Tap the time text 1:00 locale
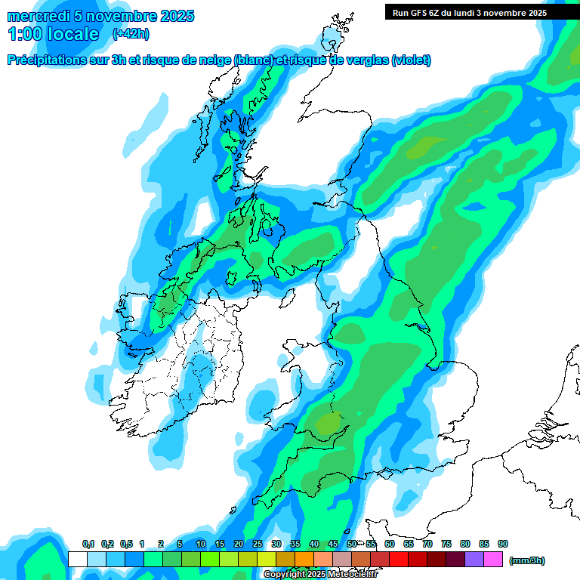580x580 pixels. coord(53,34)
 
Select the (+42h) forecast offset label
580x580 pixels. coord(130,34)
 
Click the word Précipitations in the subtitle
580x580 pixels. coord(49,60)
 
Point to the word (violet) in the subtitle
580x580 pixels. coord(412,60)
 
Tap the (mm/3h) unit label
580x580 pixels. coord(527,560)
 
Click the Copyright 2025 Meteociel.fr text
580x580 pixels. coord(320,574)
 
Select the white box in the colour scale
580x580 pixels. coord(77,560)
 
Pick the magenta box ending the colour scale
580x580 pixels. coord(494,560)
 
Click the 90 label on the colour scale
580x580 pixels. coord(503,544)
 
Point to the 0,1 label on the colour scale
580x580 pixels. coord(88,544)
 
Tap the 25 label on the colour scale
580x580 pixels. coord(258,544)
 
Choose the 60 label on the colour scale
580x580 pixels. coord(390,544)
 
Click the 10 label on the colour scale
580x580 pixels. coord(201,544)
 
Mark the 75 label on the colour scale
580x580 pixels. coord(446,544)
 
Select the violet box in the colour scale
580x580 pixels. coord(475,560)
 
